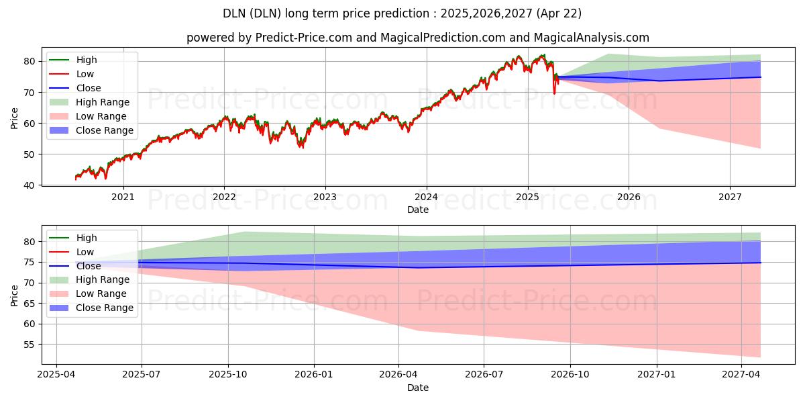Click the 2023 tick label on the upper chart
[x=325, y=197]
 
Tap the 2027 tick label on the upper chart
[x=730, y=197]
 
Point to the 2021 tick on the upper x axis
[x=123, y=197]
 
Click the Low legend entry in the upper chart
[x=85, y=74]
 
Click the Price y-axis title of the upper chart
[x=15, y=118]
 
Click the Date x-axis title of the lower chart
[x=417, y=388]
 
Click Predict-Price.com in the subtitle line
[x=303, y=38]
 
